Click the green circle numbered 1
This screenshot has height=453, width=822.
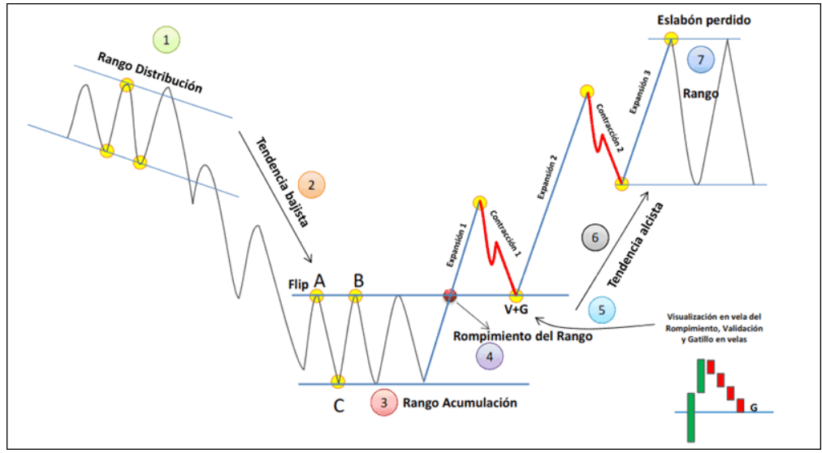166,38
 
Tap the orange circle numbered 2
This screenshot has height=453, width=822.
313,185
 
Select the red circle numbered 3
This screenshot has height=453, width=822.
383,401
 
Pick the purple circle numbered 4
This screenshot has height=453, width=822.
489,355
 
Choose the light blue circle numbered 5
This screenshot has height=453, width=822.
602,309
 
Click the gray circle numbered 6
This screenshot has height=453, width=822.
595,238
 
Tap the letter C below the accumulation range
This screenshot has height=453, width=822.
338,405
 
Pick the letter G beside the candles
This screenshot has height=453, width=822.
754,406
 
